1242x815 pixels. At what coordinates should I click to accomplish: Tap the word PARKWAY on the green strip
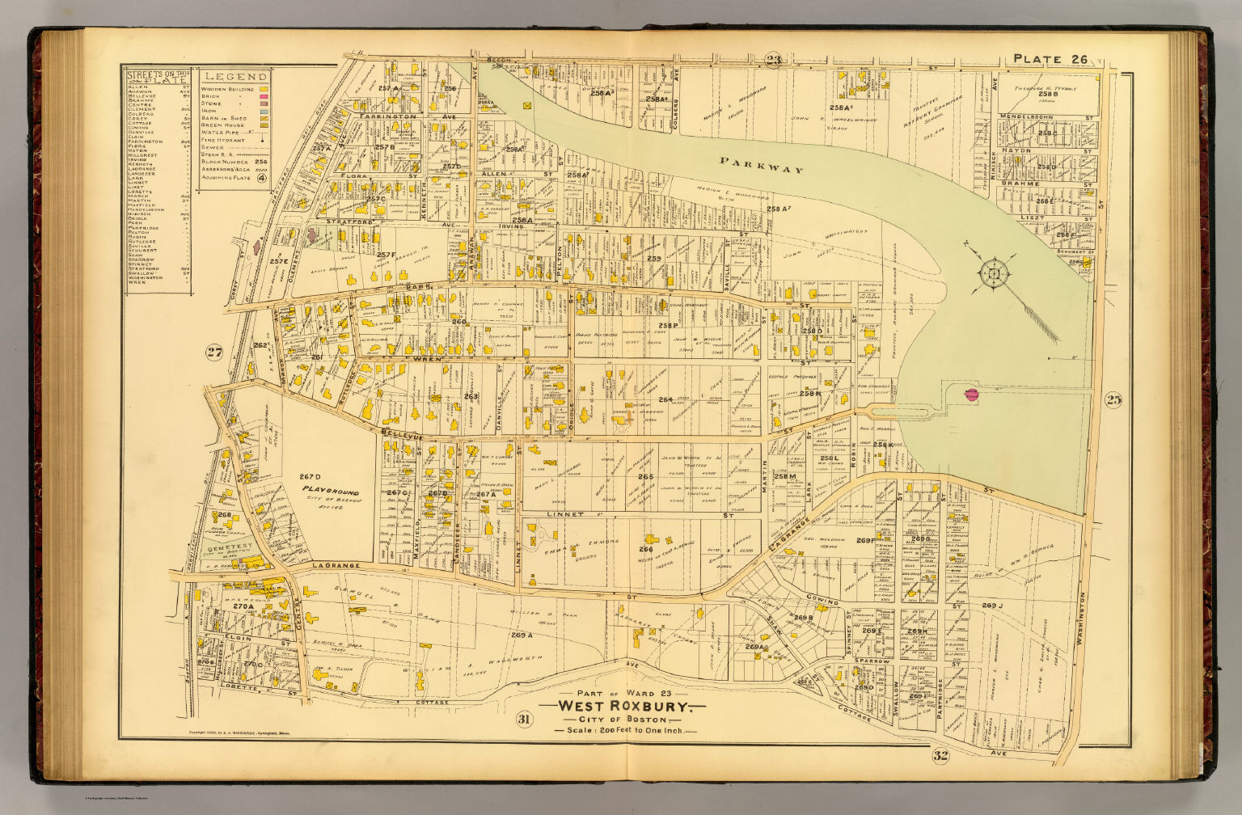763,166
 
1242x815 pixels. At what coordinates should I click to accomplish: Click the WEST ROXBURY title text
619,707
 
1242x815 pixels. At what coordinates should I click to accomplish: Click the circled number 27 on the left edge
213,352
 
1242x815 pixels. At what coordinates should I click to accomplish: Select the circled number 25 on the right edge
1113,399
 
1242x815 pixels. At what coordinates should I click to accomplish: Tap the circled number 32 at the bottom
940,756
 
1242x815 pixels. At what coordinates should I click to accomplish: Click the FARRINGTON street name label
388,117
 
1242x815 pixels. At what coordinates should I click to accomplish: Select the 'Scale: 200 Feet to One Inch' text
619,731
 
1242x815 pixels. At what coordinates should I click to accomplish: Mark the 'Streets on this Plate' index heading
157,76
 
